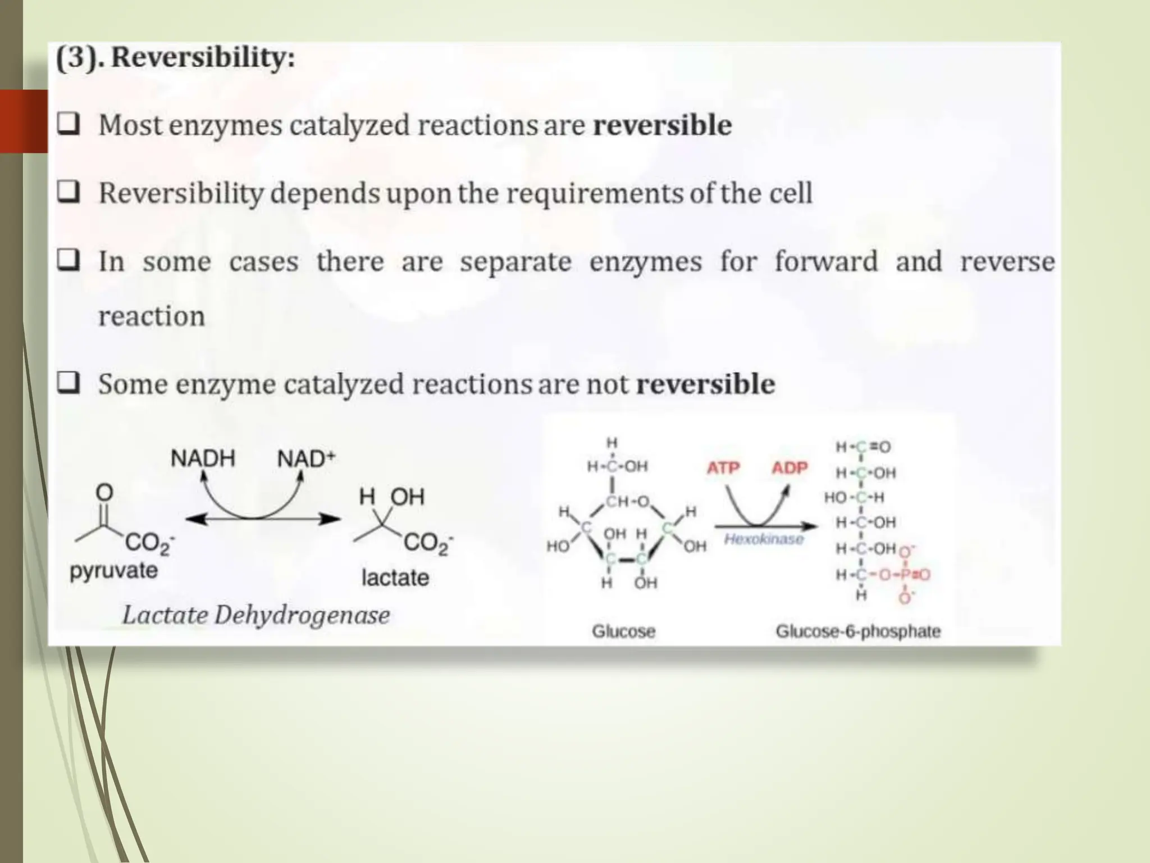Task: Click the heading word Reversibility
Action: point(202,58)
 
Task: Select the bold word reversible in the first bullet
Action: point(662,125)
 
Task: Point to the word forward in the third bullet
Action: point(825,262)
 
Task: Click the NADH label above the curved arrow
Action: point(203,459)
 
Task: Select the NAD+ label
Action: point(305,459)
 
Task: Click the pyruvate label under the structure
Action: point(113,571)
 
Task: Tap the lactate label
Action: point(395,578)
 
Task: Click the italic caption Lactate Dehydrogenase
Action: point(256,615)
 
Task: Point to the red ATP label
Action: point(723,468)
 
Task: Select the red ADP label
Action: point(789,468)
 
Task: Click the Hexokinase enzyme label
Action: point(763,539)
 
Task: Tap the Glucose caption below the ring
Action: point(623,632)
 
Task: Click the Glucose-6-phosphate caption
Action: point(857,632)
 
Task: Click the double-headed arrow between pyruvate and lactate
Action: point(263,520)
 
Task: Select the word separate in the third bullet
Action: point(515,262)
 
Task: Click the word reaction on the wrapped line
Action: point(152,316)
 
